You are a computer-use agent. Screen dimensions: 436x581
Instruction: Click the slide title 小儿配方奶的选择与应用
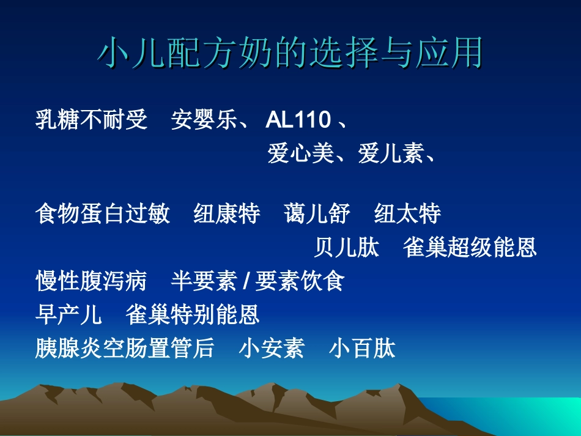[290, 53]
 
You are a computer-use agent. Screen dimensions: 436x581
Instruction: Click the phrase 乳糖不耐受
[92, 120]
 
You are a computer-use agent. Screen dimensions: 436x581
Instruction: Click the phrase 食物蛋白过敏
[103, 215]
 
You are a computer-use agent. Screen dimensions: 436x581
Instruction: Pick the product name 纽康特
[227, 215]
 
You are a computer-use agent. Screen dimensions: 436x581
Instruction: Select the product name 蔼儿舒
[317, 215]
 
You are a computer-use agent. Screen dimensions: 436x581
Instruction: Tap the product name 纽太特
[407, 215]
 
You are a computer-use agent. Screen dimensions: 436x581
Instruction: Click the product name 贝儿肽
[347, 248]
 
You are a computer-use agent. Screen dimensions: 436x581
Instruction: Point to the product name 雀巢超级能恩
[470, 248]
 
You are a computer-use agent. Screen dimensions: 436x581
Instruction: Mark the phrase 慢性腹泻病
[92, 281]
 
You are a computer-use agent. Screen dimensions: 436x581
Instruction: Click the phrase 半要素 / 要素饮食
[257, 281]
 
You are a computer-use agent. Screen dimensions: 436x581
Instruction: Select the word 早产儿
[69, 315]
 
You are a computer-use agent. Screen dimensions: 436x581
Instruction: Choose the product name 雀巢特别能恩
[193, 315]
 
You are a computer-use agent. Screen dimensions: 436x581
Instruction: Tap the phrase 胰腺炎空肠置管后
[125, 349]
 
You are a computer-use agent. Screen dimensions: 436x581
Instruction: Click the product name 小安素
[272, 349]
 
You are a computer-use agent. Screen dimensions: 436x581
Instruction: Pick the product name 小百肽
[362, 349]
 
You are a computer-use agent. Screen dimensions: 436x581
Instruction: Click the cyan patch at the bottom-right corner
[538, 416]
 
